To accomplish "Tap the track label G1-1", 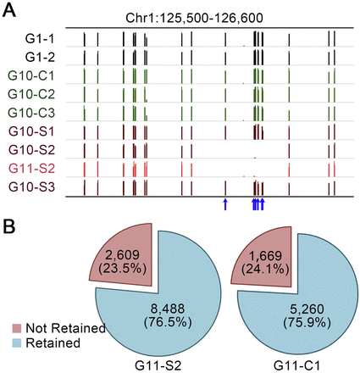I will [41, 39].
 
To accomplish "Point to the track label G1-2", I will [41, 58].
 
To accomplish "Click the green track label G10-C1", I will [36, 76].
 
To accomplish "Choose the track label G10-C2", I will [36, 94].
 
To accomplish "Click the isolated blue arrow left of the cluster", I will [225, 204].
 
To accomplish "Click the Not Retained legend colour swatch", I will [15, 328].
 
